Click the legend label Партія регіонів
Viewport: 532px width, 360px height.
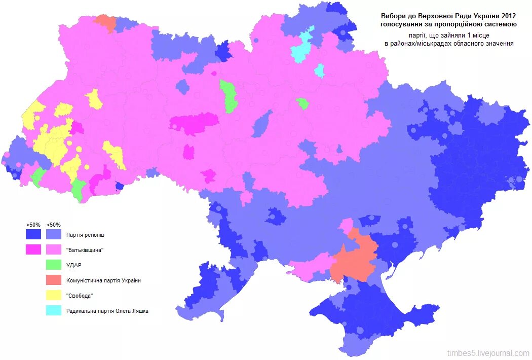pyautogui.click(x=86, y=235)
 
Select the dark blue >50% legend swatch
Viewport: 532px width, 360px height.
pyautogui.click(x=33, y=235)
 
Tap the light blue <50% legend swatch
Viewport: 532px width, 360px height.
pyautogui.click(x=54, y=235)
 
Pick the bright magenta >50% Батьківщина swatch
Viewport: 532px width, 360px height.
pyautogui.click(x=33, y=250)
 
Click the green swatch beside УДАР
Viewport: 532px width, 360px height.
pyautogui.click(x=54, y=265)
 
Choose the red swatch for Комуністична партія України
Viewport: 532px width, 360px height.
pyautogui.click(x=54, y=280)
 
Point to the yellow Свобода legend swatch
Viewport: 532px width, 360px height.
pyautogui.click(x=54, y=296)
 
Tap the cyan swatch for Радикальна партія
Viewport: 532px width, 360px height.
pyautogui.click(x=54, y=311)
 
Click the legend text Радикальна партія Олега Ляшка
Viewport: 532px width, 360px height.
pyautogui.click(x=107, y=311)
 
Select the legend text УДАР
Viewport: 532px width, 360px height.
pyautogui.click(x=74, y=265)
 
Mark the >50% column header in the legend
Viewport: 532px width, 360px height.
pyautogui.click(x=33, y=225)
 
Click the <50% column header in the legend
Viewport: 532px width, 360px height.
pyautogui.click(x=54, y=225)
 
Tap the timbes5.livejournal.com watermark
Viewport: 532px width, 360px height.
pyautogui.click(x=488, y=353)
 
